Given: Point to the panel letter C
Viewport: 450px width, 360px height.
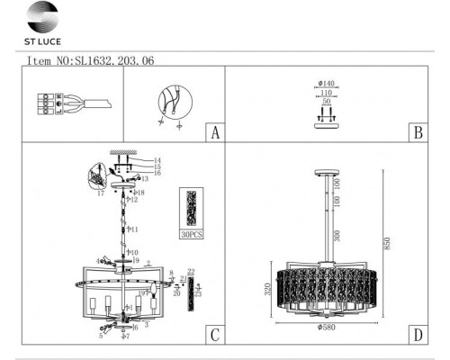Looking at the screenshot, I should [x=213, y=336].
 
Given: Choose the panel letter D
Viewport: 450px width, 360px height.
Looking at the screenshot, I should [x=417, y=336].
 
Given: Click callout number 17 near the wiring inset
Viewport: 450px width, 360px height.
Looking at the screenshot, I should [x=99, y=192].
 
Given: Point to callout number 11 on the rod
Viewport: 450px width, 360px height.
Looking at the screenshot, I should [x=132, y=230].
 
